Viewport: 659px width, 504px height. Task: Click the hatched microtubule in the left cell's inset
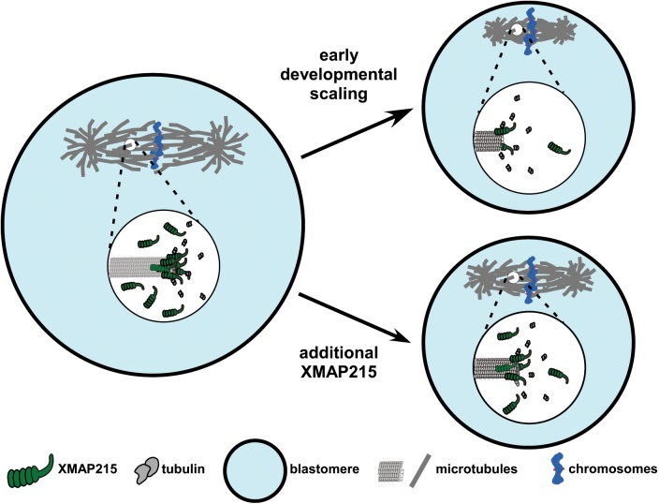coord(135,266)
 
